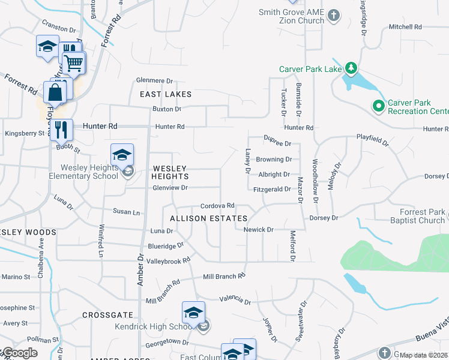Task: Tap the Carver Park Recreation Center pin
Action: (x=378, y=107)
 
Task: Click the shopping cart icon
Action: (x=74, y=62)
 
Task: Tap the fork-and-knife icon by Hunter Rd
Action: (x=61, y=129)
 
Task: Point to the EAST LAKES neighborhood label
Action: (x=166, y=94)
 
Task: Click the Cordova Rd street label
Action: (x=217, y=206)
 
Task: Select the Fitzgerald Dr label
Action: (x=272, y=189)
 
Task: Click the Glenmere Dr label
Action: (x=154, y=80)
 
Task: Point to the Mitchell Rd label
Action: (x=405, y=27)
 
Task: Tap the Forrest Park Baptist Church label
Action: (x=417, y=216)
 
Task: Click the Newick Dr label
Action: (x=258, y=230)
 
